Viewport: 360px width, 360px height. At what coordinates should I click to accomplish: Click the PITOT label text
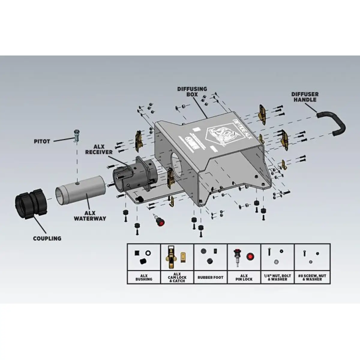click(41, 141)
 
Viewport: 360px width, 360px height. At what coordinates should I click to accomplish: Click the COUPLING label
click(47, 238)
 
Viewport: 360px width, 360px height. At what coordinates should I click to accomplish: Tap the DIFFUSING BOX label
click(192, 91)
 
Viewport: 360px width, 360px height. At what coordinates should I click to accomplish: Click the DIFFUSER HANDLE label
click(305, 97)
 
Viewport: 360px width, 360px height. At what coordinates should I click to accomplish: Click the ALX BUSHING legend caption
click(144, 277)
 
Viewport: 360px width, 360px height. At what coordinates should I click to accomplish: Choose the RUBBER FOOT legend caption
click(210, 277)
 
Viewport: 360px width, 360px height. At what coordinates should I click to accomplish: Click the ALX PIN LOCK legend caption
click(244, 277)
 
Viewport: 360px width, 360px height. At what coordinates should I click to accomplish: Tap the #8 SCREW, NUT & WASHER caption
click(312, 277)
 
